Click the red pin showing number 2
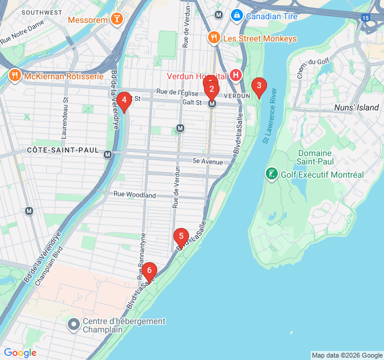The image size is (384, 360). (211, 90)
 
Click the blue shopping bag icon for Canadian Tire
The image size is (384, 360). (237, 16)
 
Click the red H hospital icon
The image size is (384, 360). (236, 76)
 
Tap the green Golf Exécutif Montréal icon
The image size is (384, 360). (271, 174)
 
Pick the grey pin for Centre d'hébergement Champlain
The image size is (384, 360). (74, 325)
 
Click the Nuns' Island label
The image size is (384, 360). (356, 107)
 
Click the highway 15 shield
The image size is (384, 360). (365, 18)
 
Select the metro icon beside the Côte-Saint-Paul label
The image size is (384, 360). (108, 154)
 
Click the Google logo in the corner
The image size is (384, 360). (20, 353)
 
